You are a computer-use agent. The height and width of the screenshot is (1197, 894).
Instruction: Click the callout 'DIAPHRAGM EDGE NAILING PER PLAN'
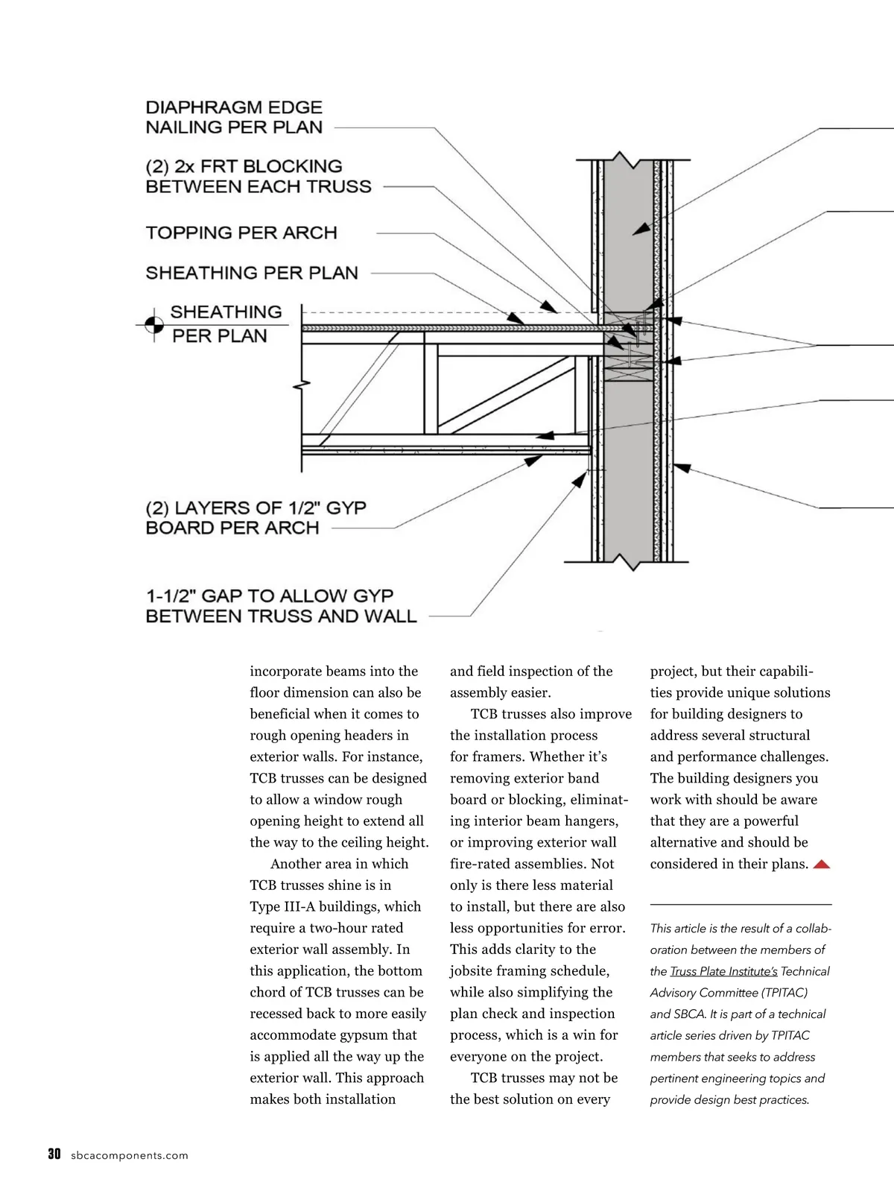pos(234,117)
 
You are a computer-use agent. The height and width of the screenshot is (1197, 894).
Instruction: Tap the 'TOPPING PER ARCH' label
pos(241,233)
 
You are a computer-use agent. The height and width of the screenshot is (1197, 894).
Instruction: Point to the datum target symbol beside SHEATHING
pos(153,325)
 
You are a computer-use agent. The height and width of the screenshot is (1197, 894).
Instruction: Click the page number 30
pos(54,1155)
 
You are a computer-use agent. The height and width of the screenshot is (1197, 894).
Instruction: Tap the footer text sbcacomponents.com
pos(130,1156)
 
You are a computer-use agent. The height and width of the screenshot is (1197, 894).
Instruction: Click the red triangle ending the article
pos(821,865)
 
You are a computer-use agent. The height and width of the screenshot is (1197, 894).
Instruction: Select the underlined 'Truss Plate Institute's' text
pos(723,971)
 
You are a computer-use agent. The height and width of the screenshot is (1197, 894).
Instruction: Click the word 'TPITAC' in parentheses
pos(784,993)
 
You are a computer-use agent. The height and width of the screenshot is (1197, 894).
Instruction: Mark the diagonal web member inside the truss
pos(507,395)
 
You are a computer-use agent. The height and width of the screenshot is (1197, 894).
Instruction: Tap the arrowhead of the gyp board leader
pos(533,461)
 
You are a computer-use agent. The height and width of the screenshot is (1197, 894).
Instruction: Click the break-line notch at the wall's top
pos(620,160)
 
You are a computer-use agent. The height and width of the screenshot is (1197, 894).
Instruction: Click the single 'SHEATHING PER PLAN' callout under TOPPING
pos(252,273)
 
